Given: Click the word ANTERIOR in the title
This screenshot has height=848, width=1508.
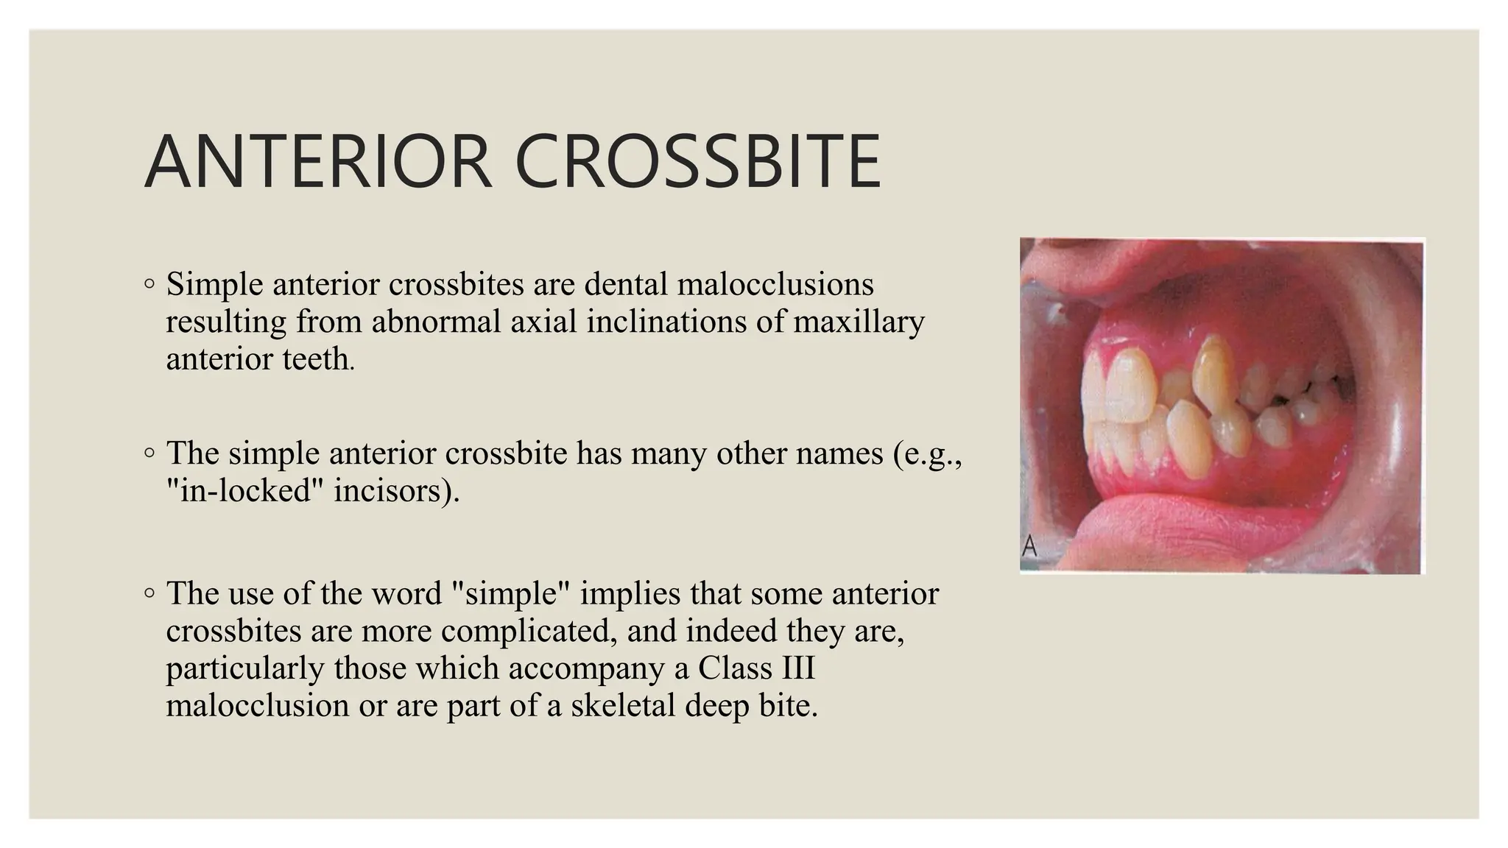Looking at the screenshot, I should (318, 161).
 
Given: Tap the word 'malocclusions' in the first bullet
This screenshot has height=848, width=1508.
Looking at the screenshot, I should (775, 284).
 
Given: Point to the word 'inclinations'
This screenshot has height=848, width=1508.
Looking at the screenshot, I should (667, 322).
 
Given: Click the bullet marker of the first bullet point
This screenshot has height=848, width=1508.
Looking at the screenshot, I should (149, 283).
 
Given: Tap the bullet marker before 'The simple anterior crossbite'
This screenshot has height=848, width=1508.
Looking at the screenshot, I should (149, 453).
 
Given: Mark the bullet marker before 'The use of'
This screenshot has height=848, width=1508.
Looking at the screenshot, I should (149, 593).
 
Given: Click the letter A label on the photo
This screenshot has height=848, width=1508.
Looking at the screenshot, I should (1029, 546).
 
